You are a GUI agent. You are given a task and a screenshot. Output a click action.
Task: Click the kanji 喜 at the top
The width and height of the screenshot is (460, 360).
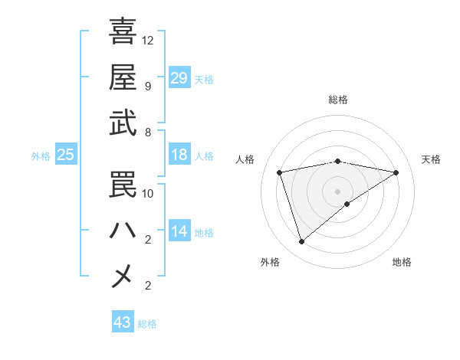coord(123,31)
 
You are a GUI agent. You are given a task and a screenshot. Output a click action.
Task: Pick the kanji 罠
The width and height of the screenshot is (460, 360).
coord(123,185)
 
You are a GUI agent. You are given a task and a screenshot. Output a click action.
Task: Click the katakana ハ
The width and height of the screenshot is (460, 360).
coord(123,231)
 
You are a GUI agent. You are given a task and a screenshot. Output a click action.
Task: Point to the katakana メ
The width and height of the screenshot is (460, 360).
coord(123,276)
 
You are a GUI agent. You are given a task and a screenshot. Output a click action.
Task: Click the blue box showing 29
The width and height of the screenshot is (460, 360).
coord(179,77)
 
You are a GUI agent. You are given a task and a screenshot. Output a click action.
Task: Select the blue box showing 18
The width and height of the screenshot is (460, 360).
coord(179,155)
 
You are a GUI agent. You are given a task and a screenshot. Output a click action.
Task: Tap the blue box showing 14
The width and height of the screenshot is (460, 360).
coord(179,231)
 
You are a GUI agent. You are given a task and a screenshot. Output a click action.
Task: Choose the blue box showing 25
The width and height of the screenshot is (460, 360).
coord(65,155)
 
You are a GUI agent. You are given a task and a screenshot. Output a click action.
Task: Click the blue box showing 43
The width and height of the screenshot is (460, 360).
coord(123,322)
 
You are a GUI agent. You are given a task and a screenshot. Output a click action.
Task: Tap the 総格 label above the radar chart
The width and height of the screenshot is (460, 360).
coord(338,100)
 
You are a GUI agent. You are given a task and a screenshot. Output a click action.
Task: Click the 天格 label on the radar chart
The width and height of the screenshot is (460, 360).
coord(431,159)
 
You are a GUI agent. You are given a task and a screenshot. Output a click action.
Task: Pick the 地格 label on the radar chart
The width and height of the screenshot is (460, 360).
coord(402,262)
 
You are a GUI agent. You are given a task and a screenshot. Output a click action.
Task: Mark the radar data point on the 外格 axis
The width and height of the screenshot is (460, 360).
coord(301,242)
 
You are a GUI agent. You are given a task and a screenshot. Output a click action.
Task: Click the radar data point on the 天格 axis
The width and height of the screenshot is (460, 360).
coord(396,172)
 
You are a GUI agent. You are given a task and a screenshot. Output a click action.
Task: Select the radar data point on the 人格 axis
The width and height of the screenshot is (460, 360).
coord(280,172)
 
